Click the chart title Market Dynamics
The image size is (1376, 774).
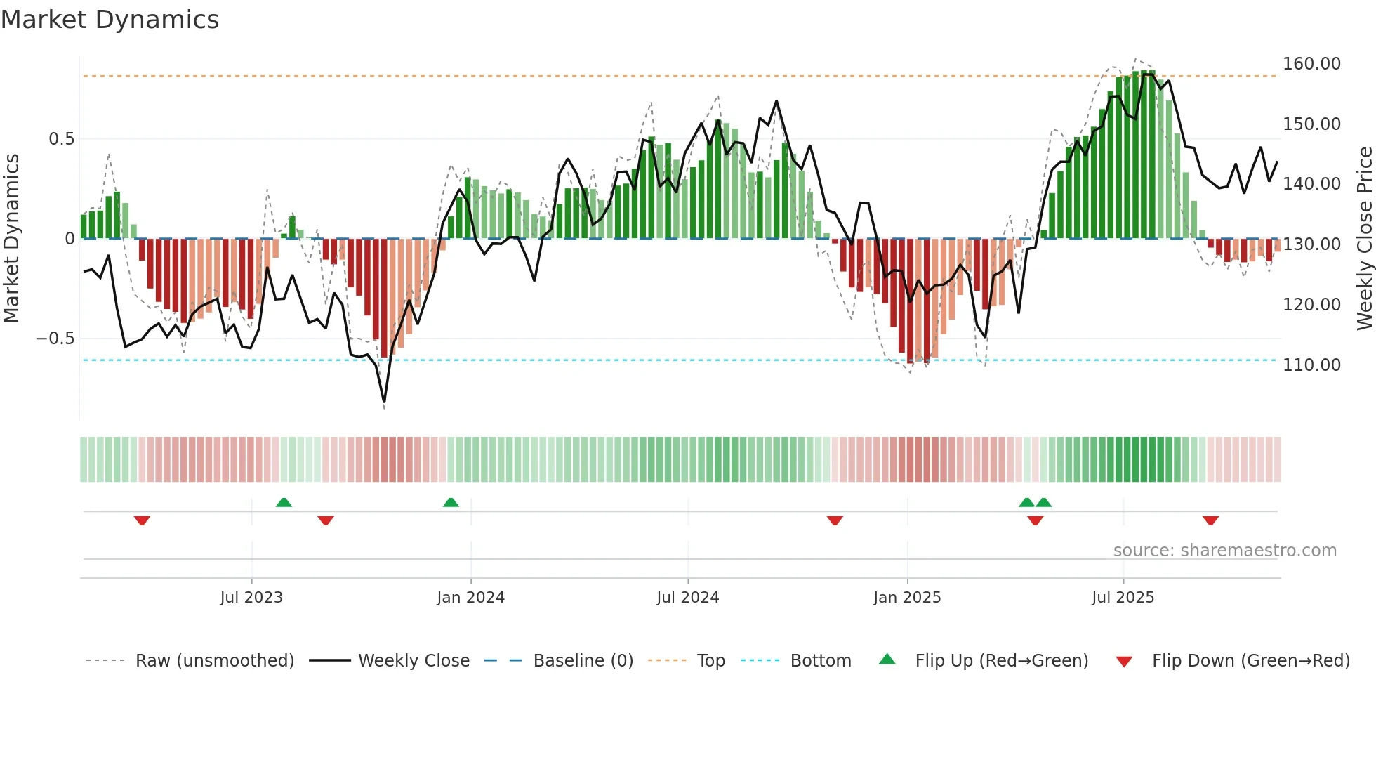(x=110, y=20)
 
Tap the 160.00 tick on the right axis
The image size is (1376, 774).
(x=1311, y=64)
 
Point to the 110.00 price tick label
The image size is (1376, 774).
(x=1311, y=365)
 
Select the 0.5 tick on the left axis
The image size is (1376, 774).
(x=61, y=139)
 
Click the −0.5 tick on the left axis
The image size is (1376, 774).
(x=55, y=339)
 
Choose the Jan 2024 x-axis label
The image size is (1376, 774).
(x=470, y=598)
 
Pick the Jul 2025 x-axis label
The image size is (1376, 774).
(x=1123, y=598)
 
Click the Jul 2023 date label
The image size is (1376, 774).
(x=251, y=598)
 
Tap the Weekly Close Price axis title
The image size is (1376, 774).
(x=1364, y=239)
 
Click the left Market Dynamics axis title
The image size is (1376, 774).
(x=12, y=239)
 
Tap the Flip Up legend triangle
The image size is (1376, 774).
(x=887, y=660)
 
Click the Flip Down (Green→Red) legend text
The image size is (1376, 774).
(x=1250, y=661)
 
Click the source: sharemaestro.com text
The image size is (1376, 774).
(x=1224, y=551)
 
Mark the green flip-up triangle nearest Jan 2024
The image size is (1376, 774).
(x=451, y=503)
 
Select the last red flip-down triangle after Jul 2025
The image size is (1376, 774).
(x=1210, y=520)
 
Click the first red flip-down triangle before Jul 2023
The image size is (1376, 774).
(x=142, y=520)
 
